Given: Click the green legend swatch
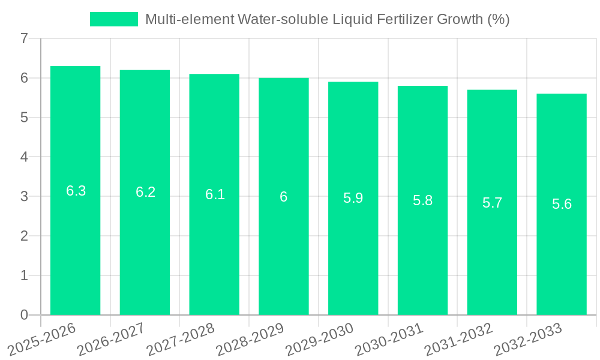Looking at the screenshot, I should (x=113, y=19).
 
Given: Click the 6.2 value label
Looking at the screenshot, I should (x=145, y=192).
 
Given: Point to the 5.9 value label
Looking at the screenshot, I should (x=353, y=198).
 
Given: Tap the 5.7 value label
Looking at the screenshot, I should (x=492, y=203).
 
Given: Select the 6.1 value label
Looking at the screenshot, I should (x=215, y=194).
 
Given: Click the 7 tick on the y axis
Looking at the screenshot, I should (x=24, y=38).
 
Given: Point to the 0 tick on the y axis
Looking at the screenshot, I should (x=24, y=315).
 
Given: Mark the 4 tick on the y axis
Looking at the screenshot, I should (x=24, y=157).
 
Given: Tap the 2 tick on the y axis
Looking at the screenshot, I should (x=24, y=236).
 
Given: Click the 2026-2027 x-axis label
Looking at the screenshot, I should (x=110, y=339).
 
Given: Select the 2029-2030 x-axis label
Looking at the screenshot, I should (x=319, y=339).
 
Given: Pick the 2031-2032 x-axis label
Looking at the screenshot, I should (x=458, y=339).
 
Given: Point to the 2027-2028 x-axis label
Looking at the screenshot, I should (x=180, y=339).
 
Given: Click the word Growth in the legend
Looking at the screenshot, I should (x=460, y=19).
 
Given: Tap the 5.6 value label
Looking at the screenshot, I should (x=562, y=204).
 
